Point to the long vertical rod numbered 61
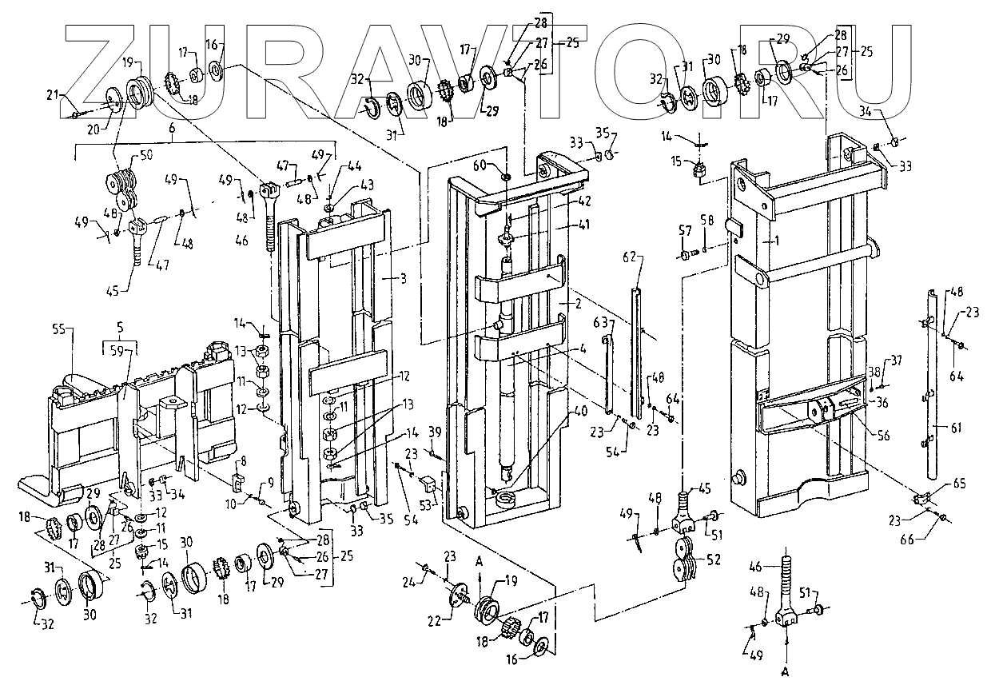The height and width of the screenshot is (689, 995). pyautogui.click(x=933, y=384)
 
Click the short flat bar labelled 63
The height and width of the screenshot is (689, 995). pyautogui.click(x=611, y=376)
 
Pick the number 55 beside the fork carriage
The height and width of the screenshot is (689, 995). pyautogui.click(x=58, y=329)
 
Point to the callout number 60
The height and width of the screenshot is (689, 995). pyautogui.click(x=502, y=165)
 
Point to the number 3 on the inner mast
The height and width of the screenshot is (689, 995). pyautogui.click(x=404, y=279)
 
